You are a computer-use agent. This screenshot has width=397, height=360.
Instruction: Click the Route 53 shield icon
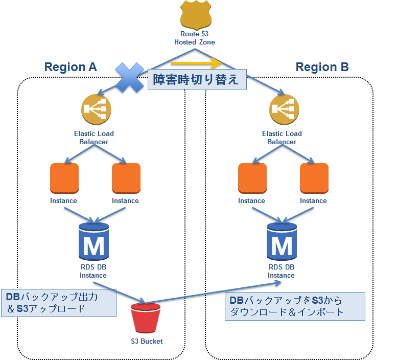click(196, 15)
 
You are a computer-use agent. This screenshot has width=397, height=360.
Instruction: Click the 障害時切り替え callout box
click(196, 80)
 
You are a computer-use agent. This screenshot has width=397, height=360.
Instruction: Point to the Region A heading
click(71, 67)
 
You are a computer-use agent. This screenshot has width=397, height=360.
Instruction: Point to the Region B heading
click(322, 67)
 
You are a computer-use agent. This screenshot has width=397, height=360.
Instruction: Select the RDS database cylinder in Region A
click(94, 241)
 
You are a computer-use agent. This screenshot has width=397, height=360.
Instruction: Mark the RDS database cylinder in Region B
click(282, 241)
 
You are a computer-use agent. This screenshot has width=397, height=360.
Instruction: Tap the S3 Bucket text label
click(146, 341)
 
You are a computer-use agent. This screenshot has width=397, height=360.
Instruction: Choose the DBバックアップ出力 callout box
click(58, 302)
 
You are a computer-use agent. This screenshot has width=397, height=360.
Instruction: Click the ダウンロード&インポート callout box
click(295, 306)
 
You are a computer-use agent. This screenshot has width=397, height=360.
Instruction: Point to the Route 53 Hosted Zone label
click(194, 38)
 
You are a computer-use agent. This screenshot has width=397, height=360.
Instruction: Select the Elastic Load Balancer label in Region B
click(282, 138)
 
